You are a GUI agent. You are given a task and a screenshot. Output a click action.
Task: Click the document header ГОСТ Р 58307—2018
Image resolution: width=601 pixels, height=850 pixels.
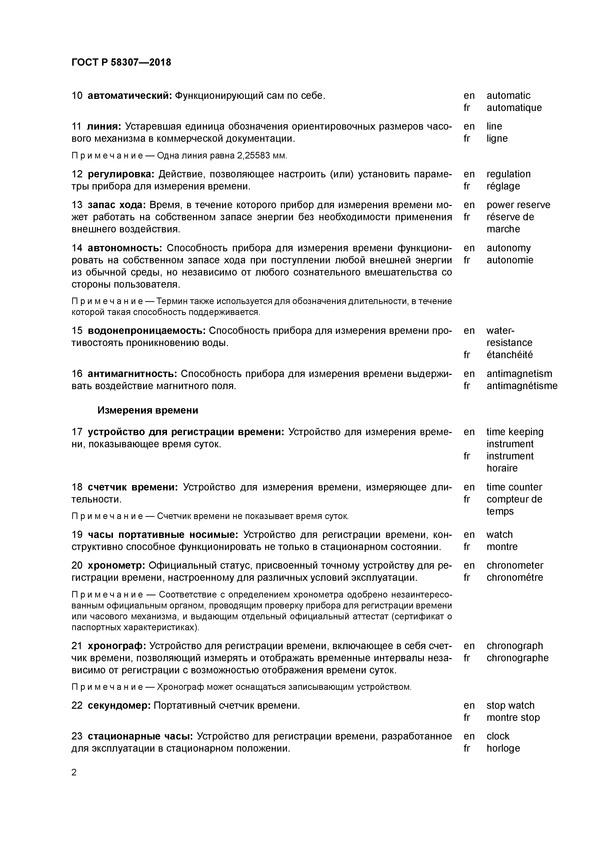[x=121, y=63]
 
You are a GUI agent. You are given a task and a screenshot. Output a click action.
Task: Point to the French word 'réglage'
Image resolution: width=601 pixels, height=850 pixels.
[x=503, y=186]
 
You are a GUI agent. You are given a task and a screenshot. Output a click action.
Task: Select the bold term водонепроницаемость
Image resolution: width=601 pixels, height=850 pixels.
[x=147, y=331]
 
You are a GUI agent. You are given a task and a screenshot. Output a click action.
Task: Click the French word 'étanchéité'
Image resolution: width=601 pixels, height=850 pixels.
[x=510, y=355]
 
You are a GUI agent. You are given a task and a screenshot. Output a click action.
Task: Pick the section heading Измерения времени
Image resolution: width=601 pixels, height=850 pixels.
[x=148, y=410]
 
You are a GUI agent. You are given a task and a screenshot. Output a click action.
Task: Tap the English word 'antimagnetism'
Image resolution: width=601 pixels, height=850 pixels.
[x=519, y=374]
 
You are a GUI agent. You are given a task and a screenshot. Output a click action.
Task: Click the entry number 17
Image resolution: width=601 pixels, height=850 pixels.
[x=77, y=432]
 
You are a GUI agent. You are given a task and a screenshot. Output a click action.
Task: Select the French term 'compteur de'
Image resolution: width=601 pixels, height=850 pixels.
[x=514, y=499]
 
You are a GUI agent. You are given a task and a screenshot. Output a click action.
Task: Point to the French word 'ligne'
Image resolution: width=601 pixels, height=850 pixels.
[x=497, y=138]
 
